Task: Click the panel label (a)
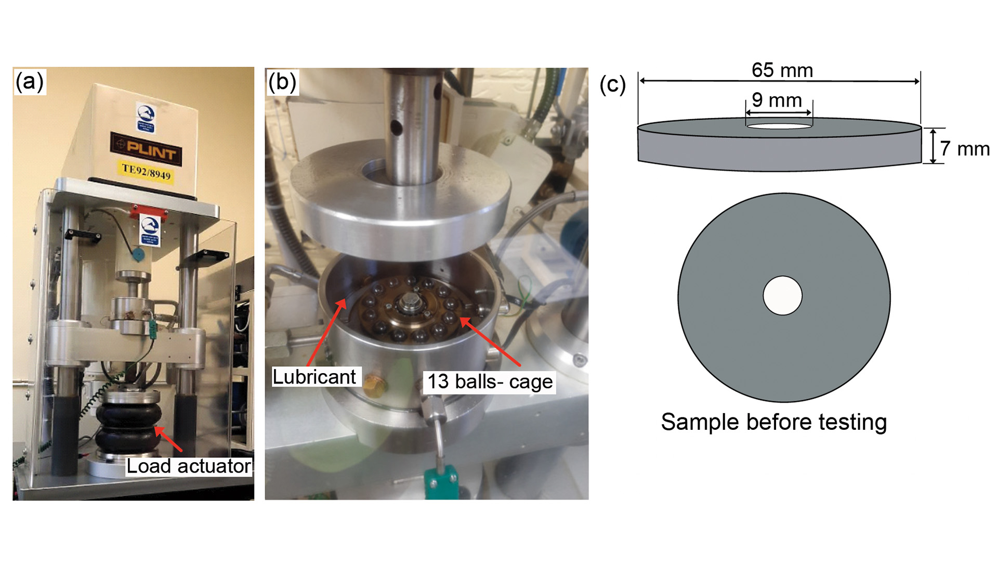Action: click(30, 82)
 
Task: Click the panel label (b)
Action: click(282, 82)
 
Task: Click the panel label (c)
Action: click(612, 84)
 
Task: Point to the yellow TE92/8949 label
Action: click(146, 172)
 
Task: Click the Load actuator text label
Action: click(189, 466)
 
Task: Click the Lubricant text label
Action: click(314, 377)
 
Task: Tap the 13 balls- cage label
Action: click(490, 381)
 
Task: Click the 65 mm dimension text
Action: click(782, 70)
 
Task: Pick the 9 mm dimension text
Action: click(777, 100)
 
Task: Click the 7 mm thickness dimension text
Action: click(964, 149)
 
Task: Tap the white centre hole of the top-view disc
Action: click(782, 296)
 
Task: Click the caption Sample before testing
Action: click(773, 422)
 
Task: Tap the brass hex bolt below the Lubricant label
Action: click(374, 387)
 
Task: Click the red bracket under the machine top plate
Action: click(149, 213)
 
